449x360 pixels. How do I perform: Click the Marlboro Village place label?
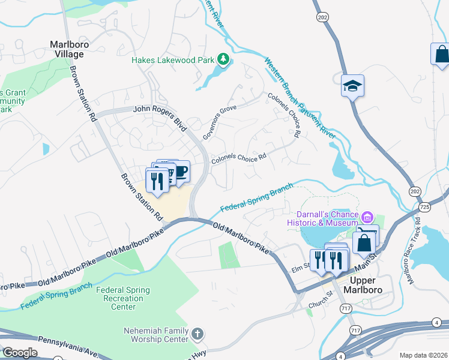[66, 49]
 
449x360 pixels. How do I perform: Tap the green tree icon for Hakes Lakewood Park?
[223, 59]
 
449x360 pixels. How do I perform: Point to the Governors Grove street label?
[220, 122]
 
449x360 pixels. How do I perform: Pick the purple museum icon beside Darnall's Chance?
[367, 215]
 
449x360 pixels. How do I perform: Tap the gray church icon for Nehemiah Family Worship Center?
[199, 334]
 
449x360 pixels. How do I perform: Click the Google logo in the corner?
[20, 353]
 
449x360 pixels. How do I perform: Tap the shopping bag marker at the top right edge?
[441, 54]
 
